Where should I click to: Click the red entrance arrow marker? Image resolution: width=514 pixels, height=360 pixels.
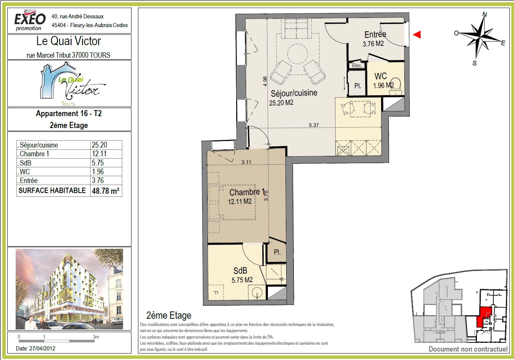pyautogui.click(x=417, y=34)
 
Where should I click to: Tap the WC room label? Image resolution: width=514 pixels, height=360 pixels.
pyautogui.click(x=381, y=76)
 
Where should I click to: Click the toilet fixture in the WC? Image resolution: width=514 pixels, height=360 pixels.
pyautogui.click(x=396, y=87)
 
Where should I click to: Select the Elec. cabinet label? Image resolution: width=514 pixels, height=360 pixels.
pyautogui.click(x=357, y=66)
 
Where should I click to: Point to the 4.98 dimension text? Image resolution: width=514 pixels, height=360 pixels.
pyautogui.click(x=265, y=81)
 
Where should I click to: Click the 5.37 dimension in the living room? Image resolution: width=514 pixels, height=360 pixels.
pyautogui.click(x=314, y=125)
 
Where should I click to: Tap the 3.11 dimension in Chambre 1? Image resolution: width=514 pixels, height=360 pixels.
pyautogui.click(x=246, y=162)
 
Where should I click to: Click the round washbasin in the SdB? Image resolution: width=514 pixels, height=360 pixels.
pyautogui.click(x=257, y=292)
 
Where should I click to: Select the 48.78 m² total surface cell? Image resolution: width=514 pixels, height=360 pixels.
pyautogui.click(x=105, y=191)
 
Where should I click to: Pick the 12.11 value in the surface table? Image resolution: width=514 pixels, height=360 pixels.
pyautogui.click(x=99, y=154)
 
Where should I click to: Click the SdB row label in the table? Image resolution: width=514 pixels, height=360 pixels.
pyautogui.click(x=25, y=163)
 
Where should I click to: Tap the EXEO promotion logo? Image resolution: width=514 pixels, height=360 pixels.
pyautogui.click(x=30, y=20)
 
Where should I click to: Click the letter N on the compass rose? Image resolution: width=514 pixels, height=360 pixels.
pyautogui.click(x=485, y=15)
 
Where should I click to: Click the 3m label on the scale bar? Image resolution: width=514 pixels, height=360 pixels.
pyautogui.click(x=96, y=337)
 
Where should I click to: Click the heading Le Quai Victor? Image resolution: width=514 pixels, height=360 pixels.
pyautogui.click(x=69, y=41)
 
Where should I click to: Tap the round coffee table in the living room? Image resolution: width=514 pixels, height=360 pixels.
pyautogui.click(x=297, y=54)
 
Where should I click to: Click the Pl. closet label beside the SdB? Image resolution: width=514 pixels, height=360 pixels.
pyautogui.click(x=277, y=252)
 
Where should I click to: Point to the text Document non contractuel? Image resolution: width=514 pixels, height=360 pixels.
pyautogui.click(x=468, y=349)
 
